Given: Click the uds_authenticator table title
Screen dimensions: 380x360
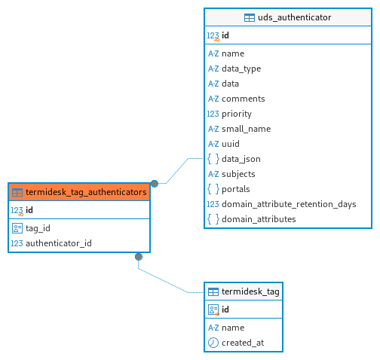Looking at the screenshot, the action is (x=295, y=17).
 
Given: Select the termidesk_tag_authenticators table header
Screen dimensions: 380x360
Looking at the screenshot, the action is (x=79, y=192).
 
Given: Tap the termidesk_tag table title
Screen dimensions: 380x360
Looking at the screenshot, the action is (x=250, y=291).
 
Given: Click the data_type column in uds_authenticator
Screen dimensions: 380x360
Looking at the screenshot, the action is (x=241, y=69).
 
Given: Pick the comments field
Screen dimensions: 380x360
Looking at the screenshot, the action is (x=244, y=99).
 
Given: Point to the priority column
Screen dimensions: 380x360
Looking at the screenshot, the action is (x=237, y=114).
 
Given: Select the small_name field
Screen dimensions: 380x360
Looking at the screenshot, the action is (x=247, y=129).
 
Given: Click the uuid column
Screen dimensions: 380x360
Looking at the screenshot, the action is (x=231, y=144).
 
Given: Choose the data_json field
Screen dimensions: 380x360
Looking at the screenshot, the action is (x=241, y=159).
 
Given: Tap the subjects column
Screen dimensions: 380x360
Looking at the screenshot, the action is (x=238, y=174).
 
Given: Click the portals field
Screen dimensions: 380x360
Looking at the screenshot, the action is (x=236, y=189).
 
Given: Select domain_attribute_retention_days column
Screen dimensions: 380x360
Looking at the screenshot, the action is (x=289, y=204).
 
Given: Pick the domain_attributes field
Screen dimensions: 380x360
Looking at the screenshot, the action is (x=259, y=219).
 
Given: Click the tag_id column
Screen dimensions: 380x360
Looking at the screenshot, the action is (x=38, y=228).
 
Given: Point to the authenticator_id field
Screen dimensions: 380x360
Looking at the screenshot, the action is (x=59, y=243).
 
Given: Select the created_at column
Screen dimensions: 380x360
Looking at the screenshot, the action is (x=243, y=343).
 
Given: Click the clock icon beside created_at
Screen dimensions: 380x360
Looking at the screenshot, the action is (x=213, y=343).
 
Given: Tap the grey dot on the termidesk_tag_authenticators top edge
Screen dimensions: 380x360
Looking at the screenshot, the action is (x=155, y=184).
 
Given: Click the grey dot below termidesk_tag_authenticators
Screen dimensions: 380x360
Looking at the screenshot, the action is (x=139, y=257).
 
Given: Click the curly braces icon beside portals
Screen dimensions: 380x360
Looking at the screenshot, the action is (x=213, y=189).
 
